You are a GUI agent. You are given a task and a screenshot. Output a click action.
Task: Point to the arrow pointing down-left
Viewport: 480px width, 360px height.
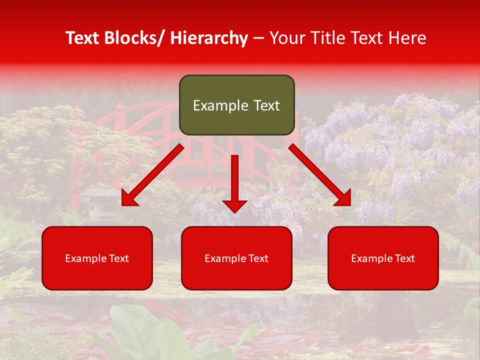point(152,174)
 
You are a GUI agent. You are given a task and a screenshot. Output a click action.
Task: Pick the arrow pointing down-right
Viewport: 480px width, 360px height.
point(320,175)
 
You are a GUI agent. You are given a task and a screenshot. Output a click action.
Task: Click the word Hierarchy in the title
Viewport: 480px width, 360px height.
point(208,38)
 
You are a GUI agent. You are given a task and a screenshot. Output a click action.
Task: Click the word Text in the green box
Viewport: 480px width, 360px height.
point(265,105)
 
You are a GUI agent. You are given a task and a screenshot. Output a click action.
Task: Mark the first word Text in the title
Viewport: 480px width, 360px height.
point(83,38)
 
